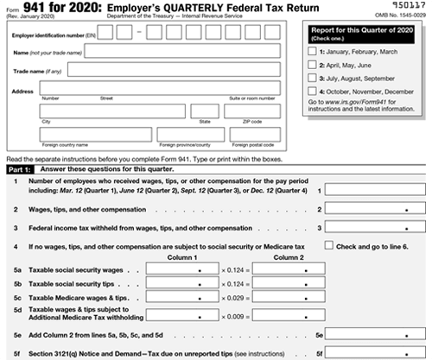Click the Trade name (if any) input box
tap(182, 71)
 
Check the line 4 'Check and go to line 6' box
tap(329, 247)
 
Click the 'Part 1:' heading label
tap(20, 169)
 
